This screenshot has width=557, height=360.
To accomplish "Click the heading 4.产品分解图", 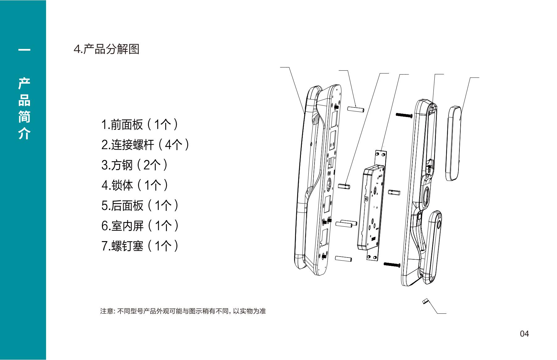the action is (x=106, y=49).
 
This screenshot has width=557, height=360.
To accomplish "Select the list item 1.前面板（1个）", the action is (x=140, y=125).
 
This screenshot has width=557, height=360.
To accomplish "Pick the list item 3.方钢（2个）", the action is (x=135, y=165).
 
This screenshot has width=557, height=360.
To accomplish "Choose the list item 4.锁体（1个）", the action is (x=135, y=185).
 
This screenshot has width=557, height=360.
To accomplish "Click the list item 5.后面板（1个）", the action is (x=140, y=206).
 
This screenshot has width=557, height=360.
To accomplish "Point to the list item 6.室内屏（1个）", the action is (x=140, y=226).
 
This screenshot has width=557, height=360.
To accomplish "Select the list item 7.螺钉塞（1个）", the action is (x=140, y=246).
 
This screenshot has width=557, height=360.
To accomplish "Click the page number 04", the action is (x=524, y=334).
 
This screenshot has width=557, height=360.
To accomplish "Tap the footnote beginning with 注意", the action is (x=183, y=311).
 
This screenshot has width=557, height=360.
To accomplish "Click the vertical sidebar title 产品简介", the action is (x=24, y=108).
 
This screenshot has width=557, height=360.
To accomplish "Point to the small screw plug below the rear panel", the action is (x=425, y=301).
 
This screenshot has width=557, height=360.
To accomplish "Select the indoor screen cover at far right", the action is (x=454, y=143).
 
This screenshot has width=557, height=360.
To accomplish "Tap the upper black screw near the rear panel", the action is (x=404, y=115).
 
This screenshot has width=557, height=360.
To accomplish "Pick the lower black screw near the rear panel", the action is (x=392, y=264).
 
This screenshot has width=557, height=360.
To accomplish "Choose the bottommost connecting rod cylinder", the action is (x=343, y=258).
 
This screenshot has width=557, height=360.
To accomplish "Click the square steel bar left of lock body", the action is (x=344, y=186).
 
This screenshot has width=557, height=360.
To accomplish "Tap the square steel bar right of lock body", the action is (x=394, y=193).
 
